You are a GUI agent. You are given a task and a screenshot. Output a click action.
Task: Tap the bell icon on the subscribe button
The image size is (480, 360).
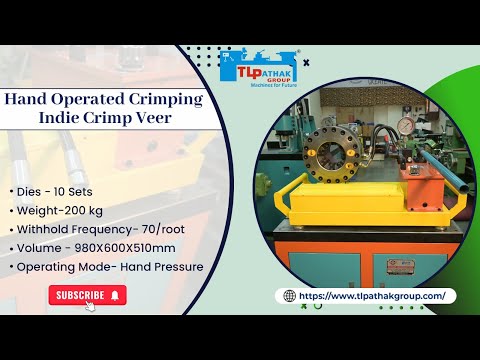coord(116,295)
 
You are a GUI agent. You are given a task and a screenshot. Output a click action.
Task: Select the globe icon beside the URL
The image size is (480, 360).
coord(290,296)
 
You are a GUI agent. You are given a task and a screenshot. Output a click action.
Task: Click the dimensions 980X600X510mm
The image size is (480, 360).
coord(130,248)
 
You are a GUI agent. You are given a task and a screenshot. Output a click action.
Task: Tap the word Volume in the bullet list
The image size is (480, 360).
coord(40,248)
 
